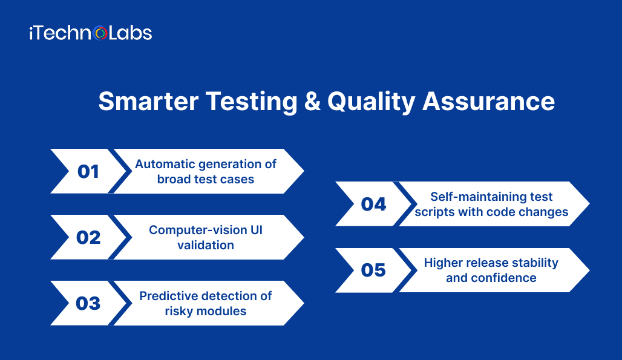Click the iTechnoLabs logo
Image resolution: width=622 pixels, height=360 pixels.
tap(90, 33)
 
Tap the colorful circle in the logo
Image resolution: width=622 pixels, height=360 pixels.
tap(101, 34)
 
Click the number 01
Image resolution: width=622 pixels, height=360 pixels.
tap(88, 171)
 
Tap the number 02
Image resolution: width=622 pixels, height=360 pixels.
tap(88, 237)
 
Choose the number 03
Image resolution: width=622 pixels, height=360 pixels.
tap(88, 303)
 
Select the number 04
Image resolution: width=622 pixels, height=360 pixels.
tap(373, 204)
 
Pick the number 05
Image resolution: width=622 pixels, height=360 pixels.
tap(373, 270)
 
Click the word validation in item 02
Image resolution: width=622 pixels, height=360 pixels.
tap(206, 245)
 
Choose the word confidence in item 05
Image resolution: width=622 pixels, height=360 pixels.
tap(506, 278)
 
